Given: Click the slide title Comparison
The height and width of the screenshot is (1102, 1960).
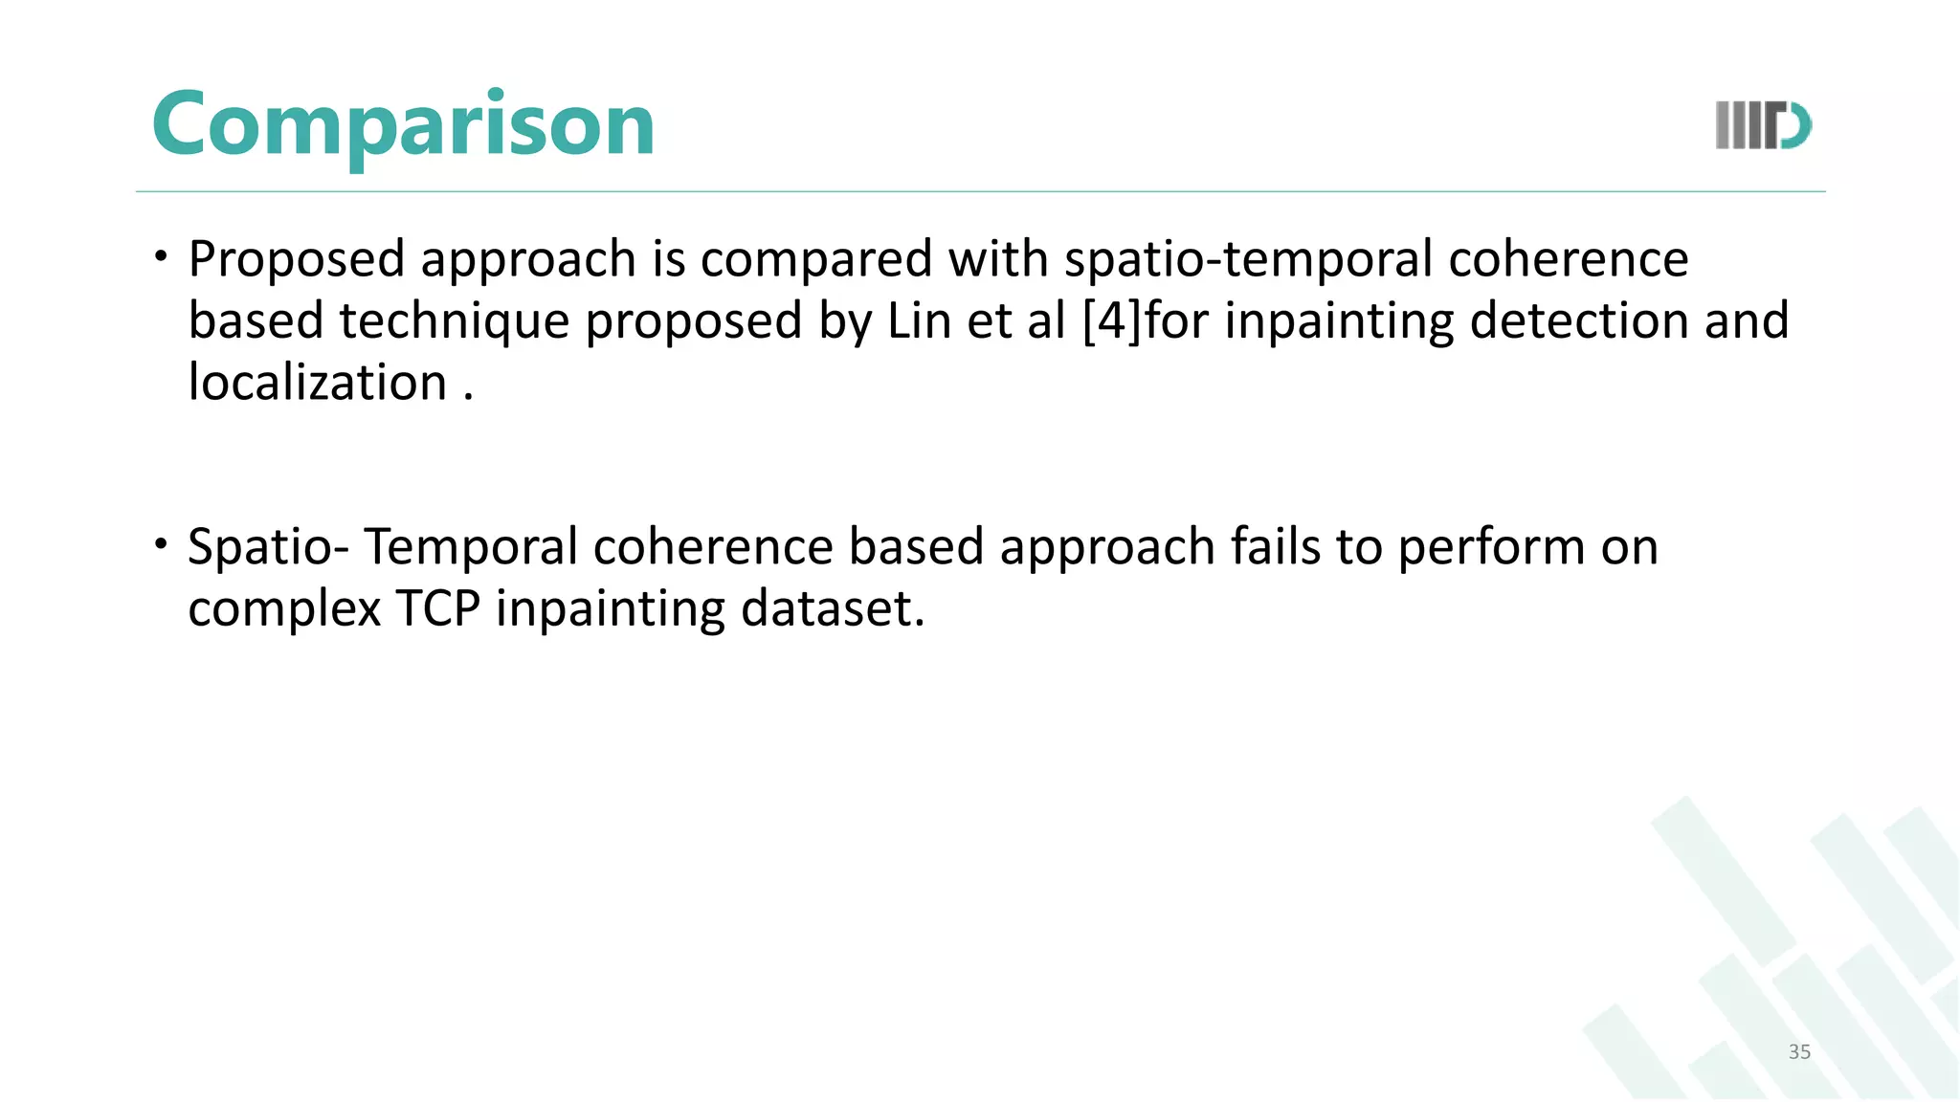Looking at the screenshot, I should [x=403, y=124].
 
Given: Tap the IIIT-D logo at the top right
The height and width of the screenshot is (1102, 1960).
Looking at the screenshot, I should [x=1763, y=125].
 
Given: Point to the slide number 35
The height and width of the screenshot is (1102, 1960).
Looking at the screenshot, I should [x=1799, y=1051].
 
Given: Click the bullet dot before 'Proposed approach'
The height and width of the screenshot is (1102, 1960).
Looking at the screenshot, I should [x=162, y=256].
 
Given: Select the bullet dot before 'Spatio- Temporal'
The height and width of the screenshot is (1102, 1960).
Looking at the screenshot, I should [x=162, y=544].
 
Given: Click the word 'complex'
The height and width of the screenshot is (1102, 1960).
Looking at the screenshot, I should [x=284, y=610].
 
